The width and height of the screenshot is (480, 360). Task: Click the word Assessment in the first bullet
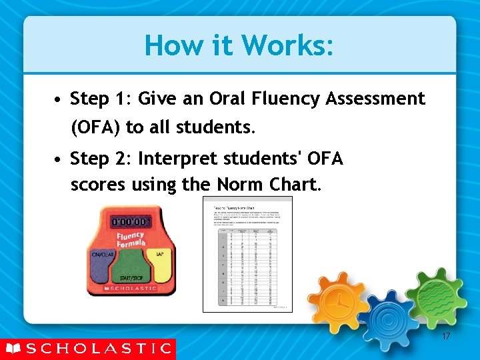[375, 99]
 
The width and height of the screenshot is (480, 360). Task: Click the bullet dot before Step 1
[59, 101]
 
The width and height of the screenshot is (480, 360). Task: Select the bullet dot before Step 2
[59, 161]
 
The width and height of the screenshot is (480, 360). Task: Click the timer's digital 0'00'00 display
[131, 221]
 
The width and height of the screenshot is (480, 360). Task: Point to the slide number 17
[445, 337]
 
